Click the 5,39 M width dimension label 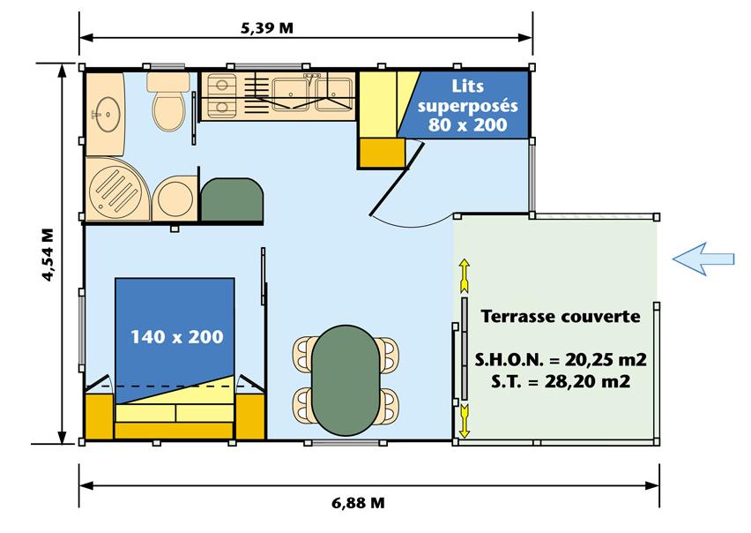[x=267, y=28]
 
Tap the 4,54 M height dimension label [x=48, y=255]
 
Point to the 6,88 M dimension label [x=358, y=503]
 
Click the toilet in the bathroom [x=168, y=101]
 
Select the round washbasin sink [x=108, y=114]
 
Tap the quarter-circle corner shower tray [x=118, y=190]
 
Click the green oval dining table [x=346, y=380]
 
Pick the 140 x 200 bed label [x=177, y=337]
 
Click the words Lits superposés [x=468, y=96]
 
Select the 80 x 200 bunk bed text [x=468, y=125]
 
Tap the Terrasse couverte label [x=561, y=317]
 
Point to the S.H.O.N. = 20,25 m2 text [x=561, y=359]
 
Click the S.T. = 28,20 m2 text [x=561, y=381]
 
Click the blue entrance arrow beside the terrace [x=703, y=259]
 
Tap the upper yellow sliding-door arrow [x=465, y=275]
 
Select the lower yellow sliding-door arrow [x=465, y=420]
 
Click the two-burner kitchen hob [x=221, y=96]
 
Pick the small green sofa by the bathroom [x=232, y=199]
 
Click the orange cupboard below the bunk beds [x=382, y=153]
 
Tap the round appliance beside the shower [x=175, y=199]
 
